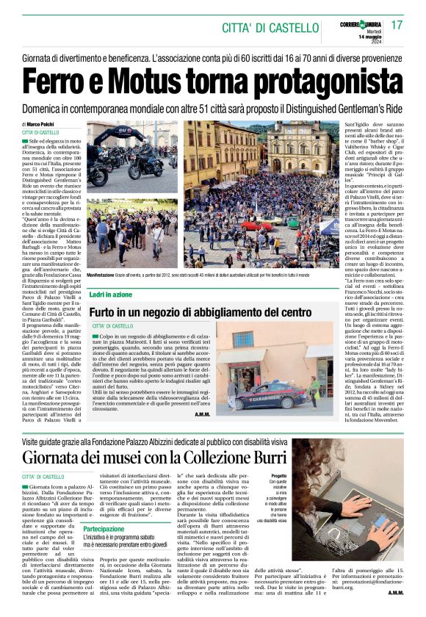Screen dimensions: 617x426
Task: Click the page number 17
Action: pyautogui.click(x=397, y=25)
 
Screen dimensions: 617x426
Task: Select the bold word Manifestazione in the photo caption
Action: pyautogui.click(x=104, y=275)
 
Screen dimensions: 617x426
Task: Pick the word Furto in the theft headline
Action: pyautogui.click(x=109, y=311)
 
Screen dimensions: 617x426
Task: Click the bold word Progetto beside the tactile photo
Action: pyautogui.click(x=279, y=476)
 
